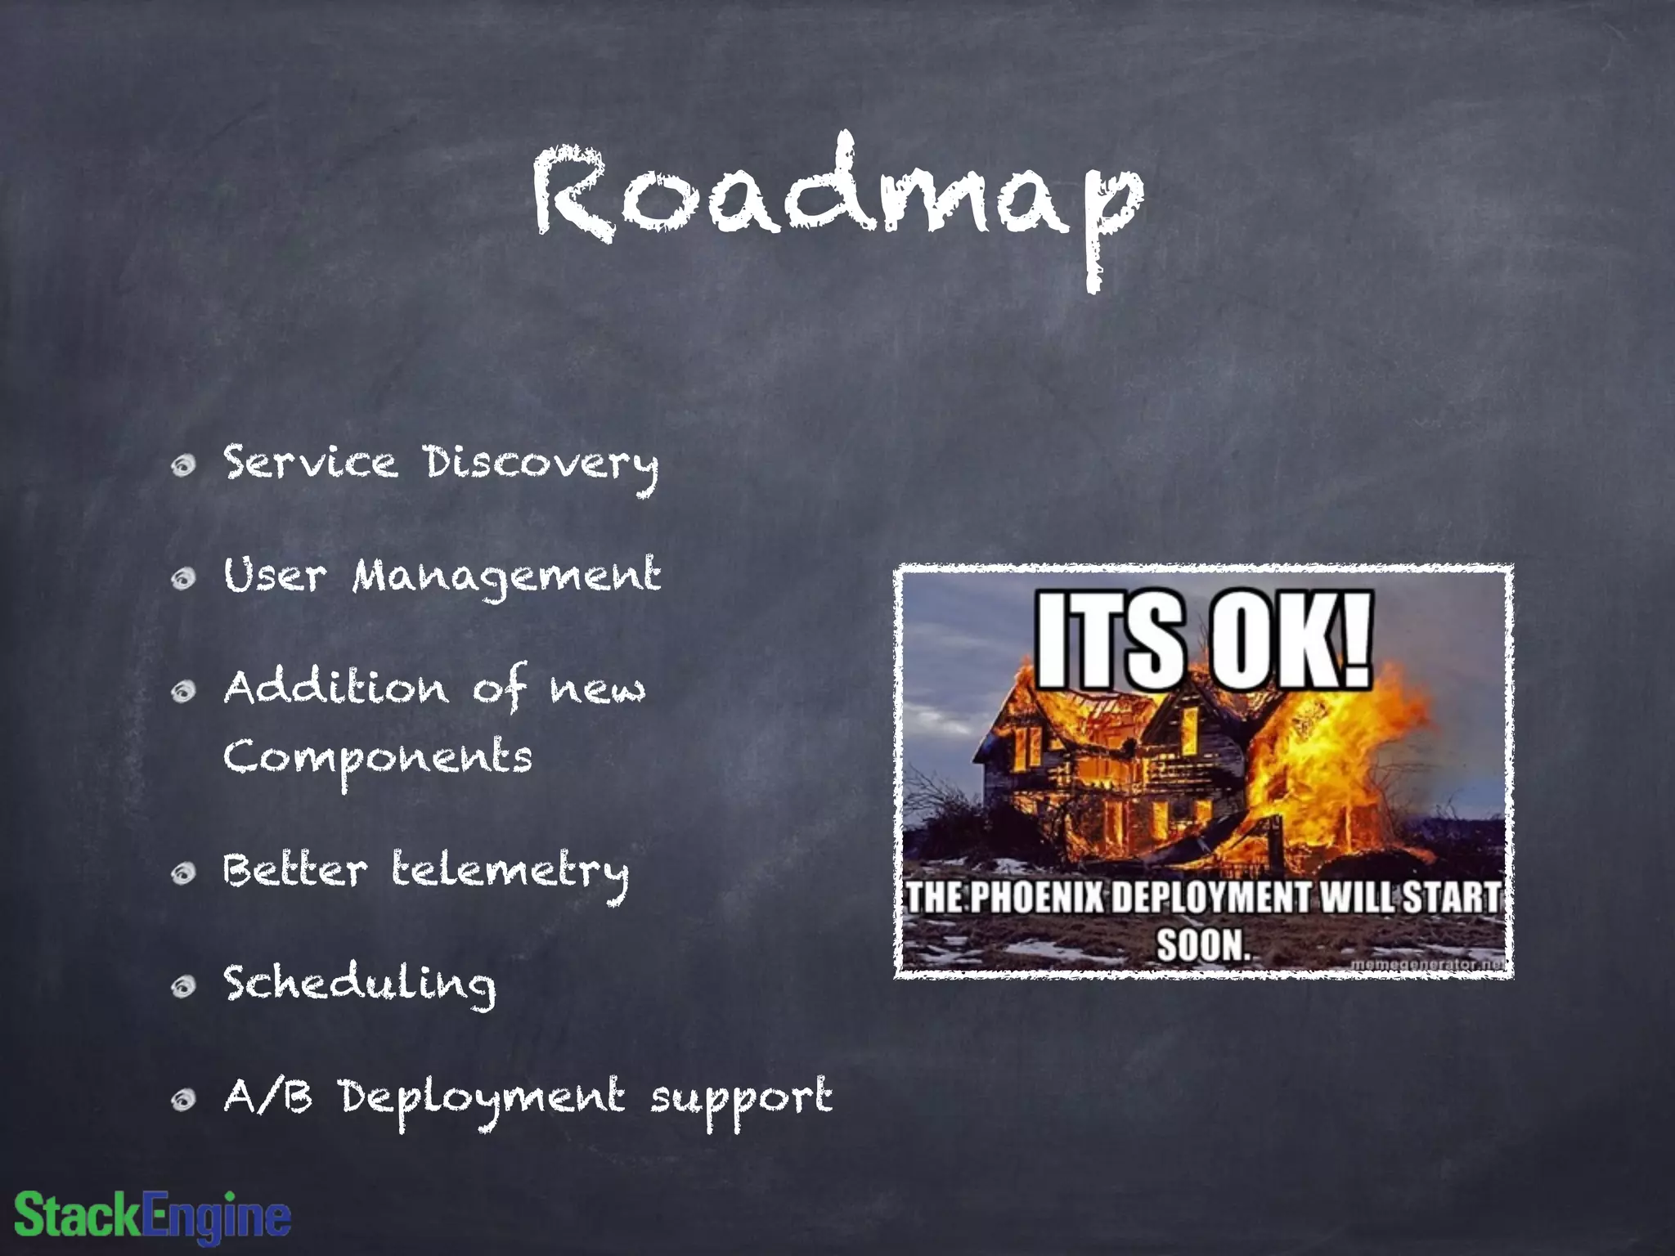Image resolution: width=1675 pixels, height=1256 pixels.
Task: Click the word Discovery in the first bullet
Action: click(x=541, y=464)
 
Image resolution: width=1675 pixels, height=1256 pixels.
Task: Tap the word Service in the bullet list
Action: click(x=311, y=463)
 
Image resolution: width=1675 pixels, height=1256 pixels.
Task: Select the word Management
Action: click(x=506, y=577)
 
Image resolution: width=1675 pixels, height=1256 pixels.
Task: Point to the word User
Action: click(x=275, y=576)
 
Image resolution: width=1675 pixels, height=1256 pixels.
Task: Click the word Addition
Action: click(x=336, y=689)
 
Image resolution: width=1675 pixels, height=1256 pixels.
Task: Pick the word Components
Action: click(x=378, y=759)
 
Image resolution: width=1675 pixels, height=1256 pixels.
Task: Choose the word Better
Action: click(x=295, y=870)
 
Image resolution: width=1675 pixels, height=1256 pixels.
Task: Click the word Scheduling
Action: click(x=360, y=985)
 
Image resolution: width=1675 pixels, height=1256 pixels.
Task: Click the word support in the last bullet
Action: click(x=741, y=1099)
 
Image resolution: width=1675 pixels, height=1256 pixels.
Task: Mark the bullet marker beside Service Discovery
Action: click(x=184, y=466)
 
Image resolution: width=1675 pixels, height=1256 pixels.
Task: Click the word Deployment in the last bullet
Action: click(x=483, y=1099)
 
